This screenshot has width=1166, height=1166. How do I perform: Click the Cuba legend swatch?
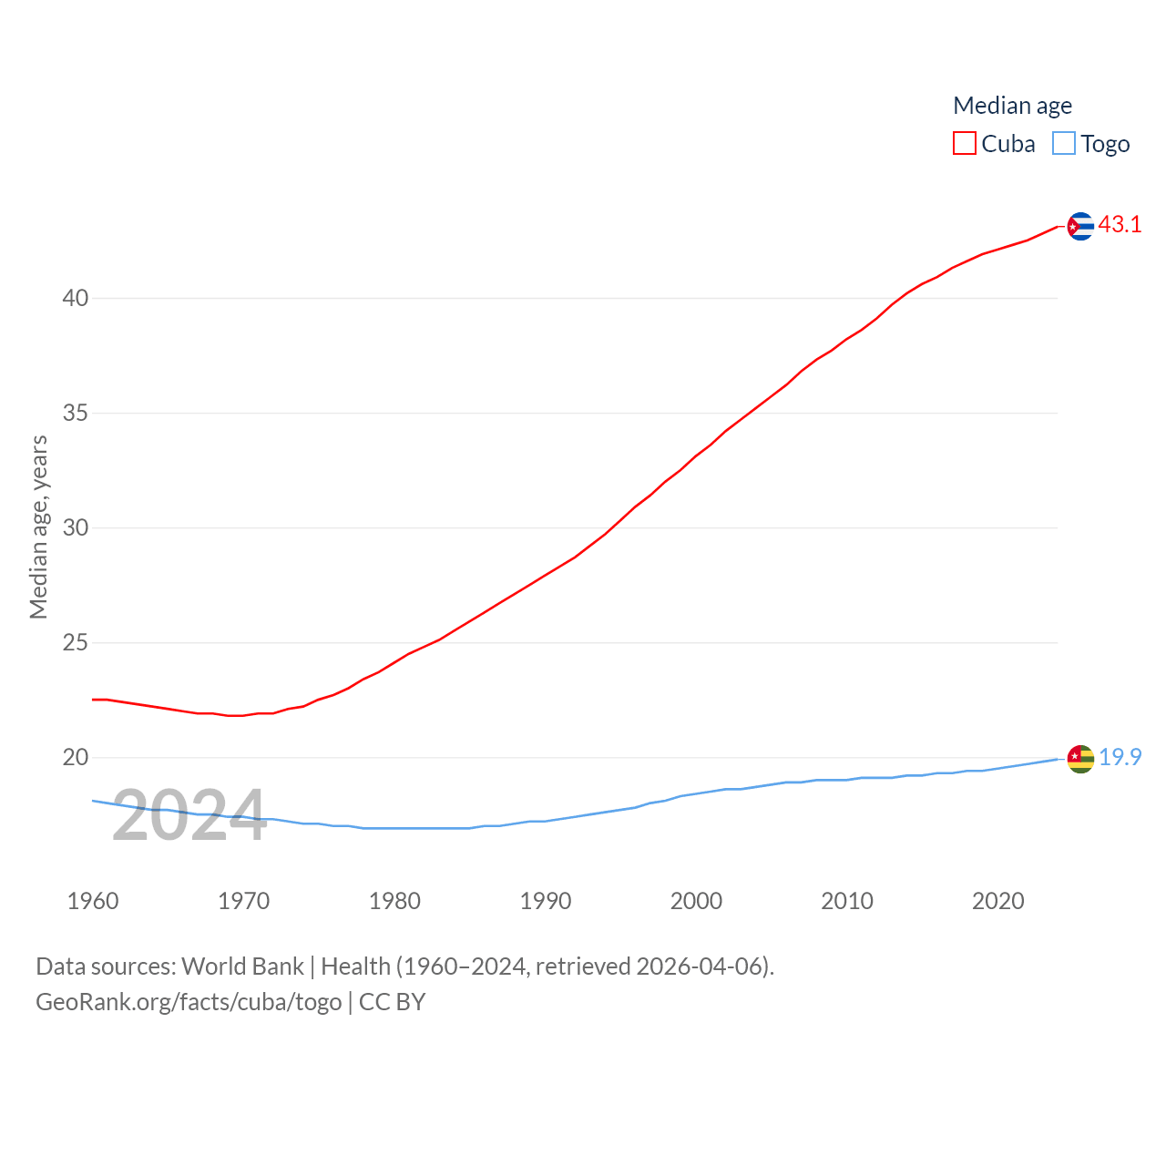pyautogui.click(x=965, y=144)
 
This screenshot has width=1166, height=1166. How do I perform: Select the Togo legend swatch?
pyautogui.click(x=1064, y=144)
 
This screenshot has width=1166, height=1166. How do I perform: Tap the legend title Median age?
pyautogui.click(x=1012, y=106)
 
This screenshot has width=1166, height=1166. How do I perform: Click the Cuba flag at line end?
pyautogui.click(x=1080, y=226)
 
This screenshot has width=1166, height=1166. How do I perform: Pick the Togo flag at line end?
pyautogui.click(x=1080, y=759)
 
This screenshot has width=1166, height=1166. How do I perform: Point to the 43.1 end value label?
pyautogui.click(x=1120, y=224)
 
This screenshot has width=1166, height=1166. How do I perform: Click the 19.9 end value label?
pyautogui.click(x=1120, y=757)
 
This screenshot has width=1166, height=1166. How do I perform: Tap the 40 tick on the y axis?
pyautogui.click(x=76, y=298)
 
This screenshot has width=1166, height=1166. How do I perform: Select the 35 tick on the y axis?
pyautogui.click(x=76, y=413)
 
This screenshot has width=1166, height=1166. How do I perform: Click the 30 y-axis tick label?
pyautogui.click(x=76, y=527)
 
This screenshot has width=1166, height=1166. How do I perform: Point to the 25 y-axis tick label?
pyautogui.click(x=76, y=642)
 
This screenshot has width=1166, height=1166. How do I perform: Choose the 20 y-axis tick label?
pyautogui.click(x=76, y=757)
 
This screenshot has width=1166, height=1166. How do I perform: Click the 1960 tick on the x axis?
pyautogui.click(x=93, y=901)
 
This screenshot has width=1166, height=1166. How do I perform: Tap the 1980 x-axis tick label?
pyautogui.click(x=394, y=901)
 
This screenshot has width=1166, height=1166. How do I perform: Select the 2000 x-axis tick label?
pyautogui.click(x=696, y=901)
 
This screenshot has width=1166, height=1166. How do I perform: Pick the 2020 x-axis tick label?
pyautogui.click(x=997, y=901)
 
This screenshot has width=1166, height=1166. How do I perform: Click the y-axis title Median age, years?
pyautogui.click(x=38, y=527)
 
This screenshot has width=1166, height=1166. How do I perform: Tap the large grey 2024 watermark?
pyautogui.click(x=189, y=815)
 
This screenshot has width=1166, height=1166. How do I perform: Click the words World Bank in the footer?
pyautogui.click(x=242, y=967)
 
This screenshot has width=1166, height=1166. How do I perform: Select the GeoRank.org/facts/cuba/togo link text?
pyautogui.click(x=189, y=1002)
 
